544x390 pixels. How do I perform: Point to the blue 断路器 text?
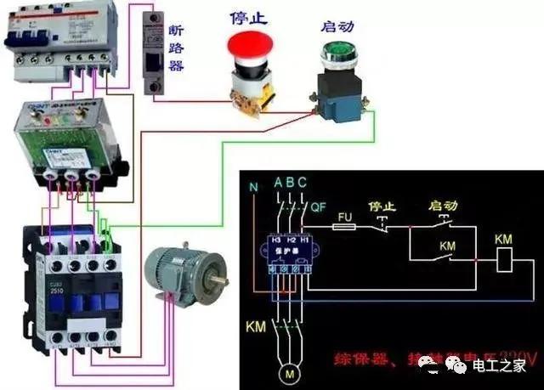tap(176, 47)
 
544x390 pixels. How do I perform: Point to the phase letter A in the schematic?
tap(278, 182)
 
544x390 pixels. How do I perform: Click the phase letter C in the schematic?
tap(303, 182)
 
